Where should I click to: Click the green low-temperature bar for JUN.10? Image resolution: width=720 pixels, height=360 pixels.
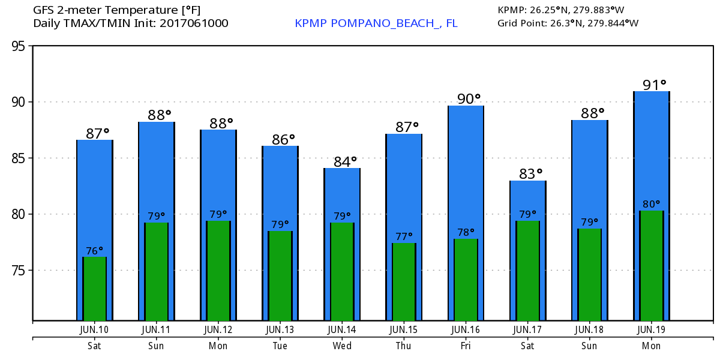94,289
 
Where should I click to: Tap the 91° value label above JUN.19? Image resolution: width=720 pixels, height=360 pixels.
651,85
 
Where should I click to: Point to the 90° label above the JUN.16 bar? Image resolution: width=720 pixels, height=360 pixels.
466,99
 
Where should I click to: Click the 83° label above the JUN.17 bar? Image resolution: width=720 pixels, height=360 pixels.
527,174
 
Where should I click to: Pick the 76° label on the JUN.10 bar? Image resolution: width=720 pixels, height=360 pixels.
94,250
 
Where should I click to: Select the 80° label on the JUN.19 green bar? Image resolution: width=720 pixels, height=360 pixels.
651,204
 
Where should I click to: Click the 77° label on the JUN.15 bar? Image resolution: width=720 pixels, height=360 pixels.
404,236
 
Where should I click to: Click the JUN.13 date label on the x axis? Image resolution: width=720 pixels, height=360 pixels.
280,329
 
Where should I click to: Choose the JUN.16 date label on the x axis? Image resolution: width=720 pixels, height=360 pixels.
466,329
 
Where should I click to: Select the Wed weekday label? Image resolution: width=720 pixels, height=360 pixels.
342,346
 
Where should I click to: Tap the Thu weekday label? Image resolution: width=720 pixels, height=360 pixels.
404,346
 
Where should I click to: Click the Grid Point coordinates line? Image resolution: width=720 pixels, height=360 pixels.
568,23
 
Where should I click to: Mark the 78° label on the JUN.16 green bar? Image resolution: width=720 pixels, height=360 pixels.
466,232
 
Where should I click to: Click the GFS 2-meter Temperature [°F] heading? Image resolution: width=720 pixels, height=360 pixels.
117,10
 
